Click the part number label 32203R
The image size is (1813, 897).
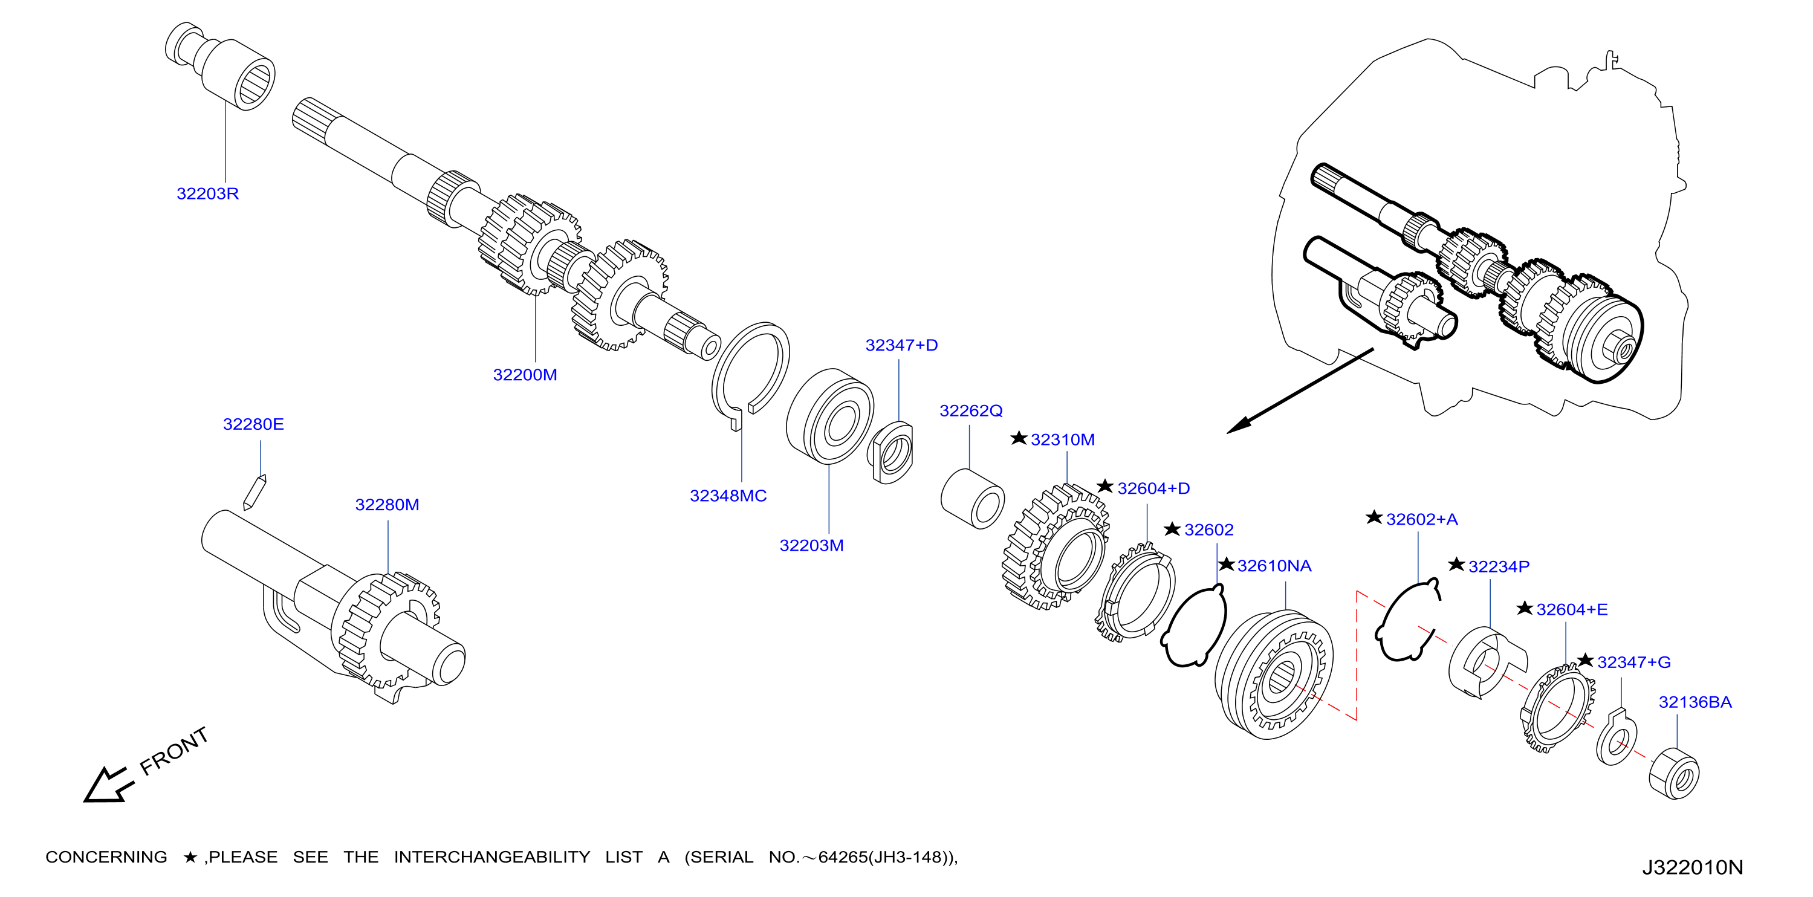click(207, 193)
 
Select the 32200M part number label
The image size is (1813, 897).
click(525, 375)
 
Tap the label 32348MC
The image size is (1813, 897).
click(728, 496)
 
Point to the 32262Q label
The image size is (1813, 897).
click(970, 411)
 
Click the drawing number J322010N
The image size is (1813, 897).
click(1693, 867)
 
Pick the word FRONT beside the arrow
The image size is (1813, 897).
click(174, 751)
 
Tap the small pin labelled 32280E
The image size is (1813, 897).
click(254, 492)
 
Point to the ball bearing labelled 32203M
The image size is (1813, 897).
click(829, 416)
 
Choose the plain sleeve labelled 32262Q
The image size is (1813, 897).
click(972, 499)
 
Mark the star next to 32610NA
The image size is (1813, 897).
click(1226, 564)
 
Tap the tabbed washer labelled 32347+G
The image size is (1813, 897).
click(1617, 738)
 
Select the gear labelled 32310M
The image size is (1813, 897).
click(1055, 546)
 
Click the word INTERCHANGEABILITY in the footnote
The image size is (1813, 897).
click(492, 858)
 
